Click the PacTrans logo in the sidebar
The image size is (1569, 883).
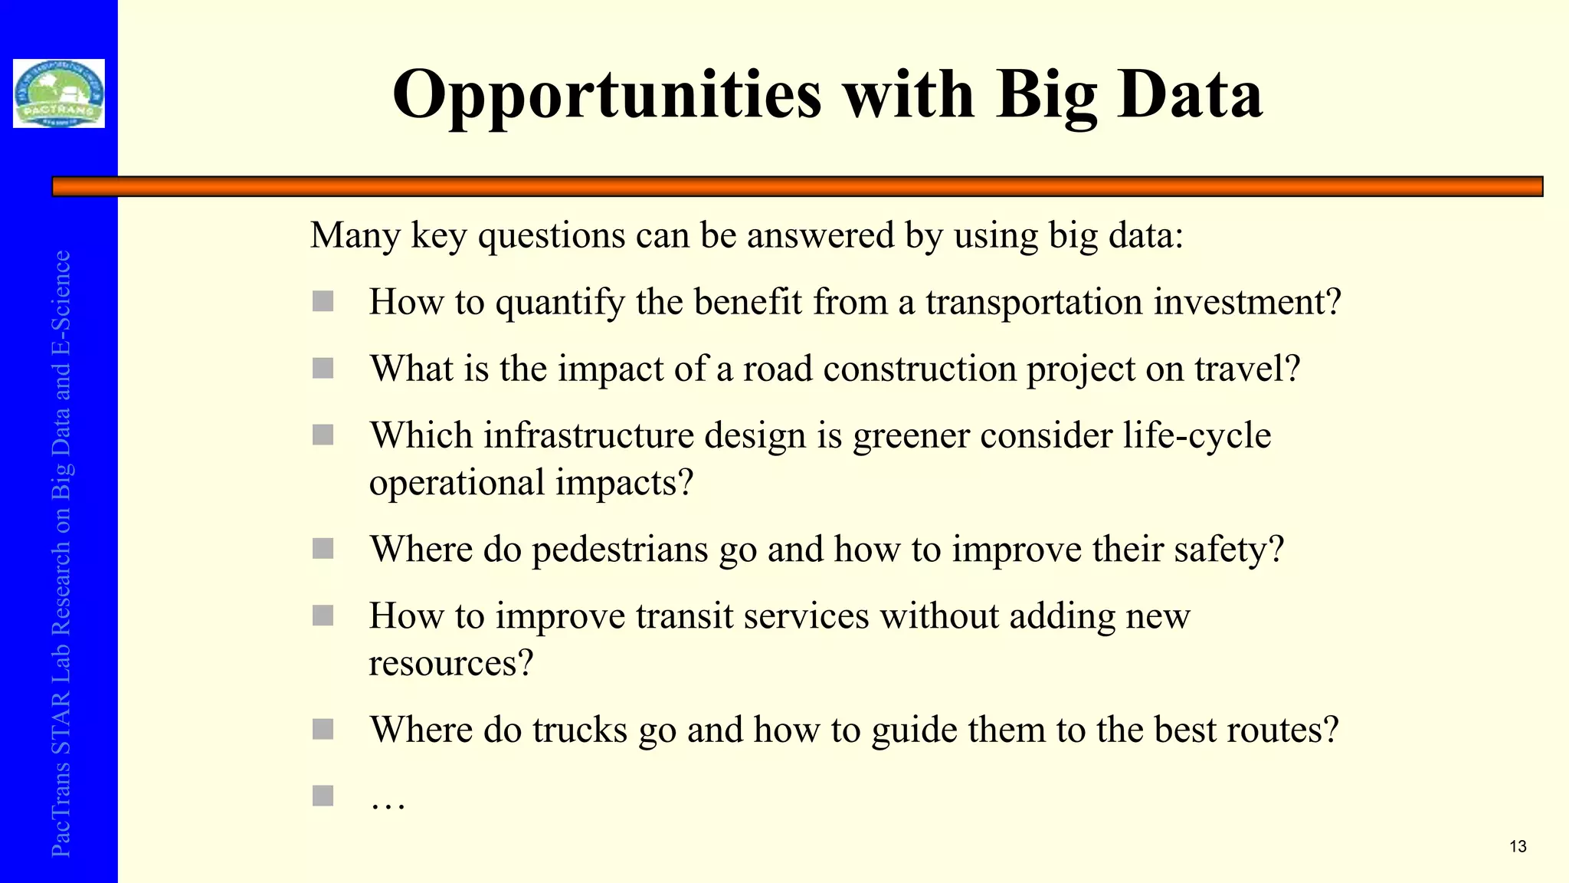click(59, 94)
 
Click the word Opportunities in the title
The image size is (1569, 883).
click(607, 95)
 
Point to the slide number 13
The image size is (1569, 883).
click(1518, 847)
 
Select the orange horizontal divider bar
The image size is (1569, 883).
click(797, 186)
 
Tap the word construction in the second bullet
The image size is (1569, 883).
click(919, 369)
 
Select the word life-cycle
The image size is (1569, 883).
click(1197, 436)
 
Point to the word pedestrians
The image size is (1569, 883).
click(620, 550)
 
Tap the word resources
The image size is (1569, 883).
click(450, 663)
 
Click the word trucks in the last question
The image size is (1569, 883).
click(580, 730)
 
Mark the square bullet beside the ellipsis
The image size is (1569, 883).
click(323, 796)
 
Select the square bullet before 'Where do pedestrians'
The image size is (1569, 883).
click(323, 549)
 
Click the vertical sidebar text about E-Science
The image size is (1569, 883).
click(61, 552)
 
